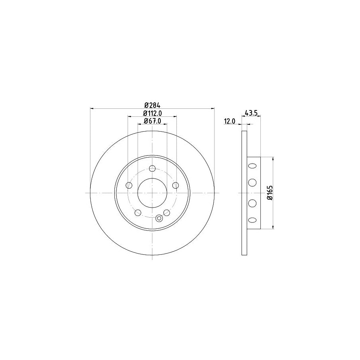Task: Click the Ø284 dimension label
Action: tap(152, 105)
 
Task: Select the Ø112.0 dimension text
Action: tap(153, 113)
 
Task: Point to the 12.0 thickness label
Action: tap(230, 121)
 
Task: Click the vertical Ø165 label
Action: tap(270, 193)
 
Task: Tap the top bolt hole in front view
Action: tap(152, 168)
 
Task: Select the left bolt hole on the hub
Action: tap(129, 185)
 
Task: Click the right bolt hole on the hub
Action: tap(176, 185)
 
